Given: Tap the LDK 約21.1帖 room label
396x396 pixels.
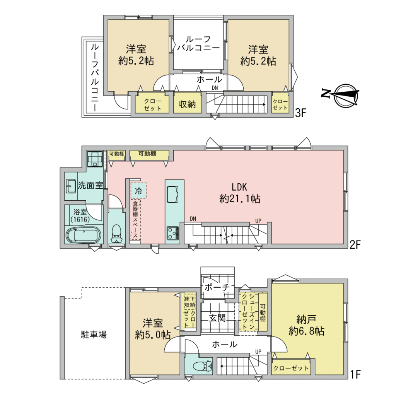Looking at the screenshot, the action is pos(240,193).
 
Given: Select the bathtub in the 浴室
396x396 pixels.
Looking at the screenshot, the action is pos(84,235).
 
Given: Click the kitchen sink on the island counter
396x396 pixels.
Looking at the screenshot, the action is pos(172,194).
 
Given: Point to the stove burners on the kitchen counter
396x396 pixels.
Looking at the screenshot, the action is pos(172,233).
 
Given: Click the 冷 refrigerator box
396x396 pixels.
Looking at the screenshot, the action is pos(138,191).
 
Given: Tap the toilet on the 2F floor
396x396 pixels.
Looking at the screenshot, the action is pos(116,233).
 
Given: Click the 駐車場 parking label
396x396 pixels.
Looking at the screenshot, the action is pos(94,335).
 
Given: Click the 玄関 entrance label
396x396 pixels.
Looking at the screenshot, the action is pos(217,318).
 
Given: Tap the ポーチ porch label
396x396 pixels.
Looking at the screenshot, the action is pos(217,287).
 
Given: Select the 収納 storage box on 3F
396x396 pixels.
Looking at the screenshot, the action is pos(188,104).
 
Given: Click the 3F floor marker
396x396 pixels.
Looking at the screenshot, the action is pos(300,113).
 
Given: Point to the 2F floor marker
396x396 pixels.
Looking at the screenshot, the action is pos(355,244).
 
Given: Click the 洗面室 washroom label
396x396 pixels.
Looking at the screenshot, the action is pos(90,185).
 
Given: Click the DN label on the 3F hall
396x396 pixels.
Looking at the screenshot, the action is pos(215,88).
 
